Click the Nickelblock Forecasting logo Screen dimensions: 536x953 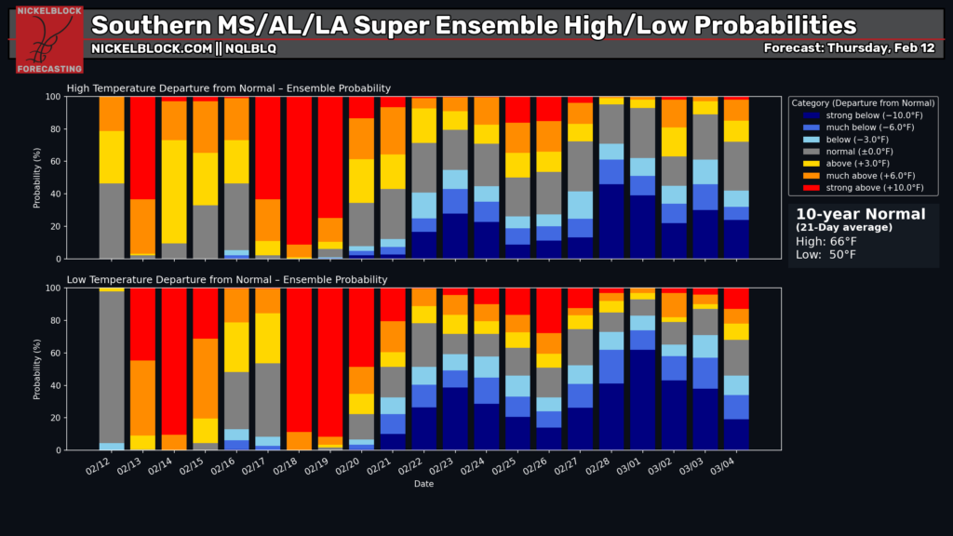coord(49,40)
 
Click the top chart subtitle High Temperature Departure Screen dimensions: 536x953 coord(229,88)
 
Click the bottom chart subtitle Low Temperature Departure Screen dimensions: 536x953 coord(227,279)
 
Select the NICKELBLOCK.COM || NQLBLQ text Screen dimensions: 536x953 coord(183,47)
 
